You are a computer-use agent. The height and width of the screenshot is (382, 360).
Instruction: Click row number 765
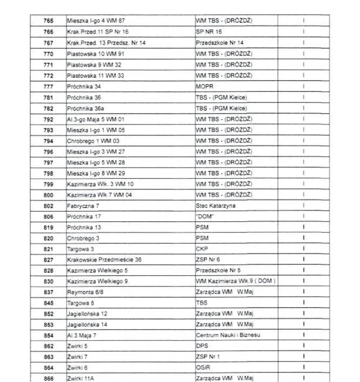coord(48,21)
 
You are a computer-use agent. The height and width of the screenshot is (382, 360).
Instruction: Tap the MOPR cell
coord(204,86)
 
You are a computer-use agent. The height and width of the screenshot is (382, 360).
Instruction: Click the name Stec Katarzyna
coord(216,205)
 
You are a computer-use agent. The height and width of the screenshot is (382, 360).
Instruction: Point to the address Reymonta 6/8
coord(85,292)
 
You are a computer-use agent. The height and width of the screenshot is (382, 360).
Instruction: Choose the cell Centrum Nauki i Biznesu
coord(228,335)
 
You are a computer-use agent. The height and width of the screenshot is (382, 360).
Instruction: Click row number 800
coord(48,195)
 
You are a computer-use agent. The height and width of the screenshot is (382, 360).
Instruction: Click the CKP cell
coord(202,248)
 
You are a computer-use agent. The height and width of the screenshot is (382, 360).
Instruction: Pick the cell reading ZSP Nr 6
coord(208,259)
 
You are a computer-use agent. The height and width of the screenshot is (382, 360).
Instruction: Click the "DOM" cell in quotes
coord(204,216)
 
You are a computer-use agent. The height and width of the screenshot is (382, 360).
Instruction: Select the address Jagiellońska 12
coord(87,314)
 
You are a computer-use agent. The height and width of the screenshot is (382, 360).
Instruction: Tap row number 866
coord(48,378)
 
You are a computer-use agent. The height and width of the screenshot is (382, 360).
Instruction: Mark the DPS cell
coord(202,346)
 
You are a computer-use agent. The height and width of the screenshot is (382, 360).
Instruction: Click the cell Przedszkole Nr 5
coord(218,270)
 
